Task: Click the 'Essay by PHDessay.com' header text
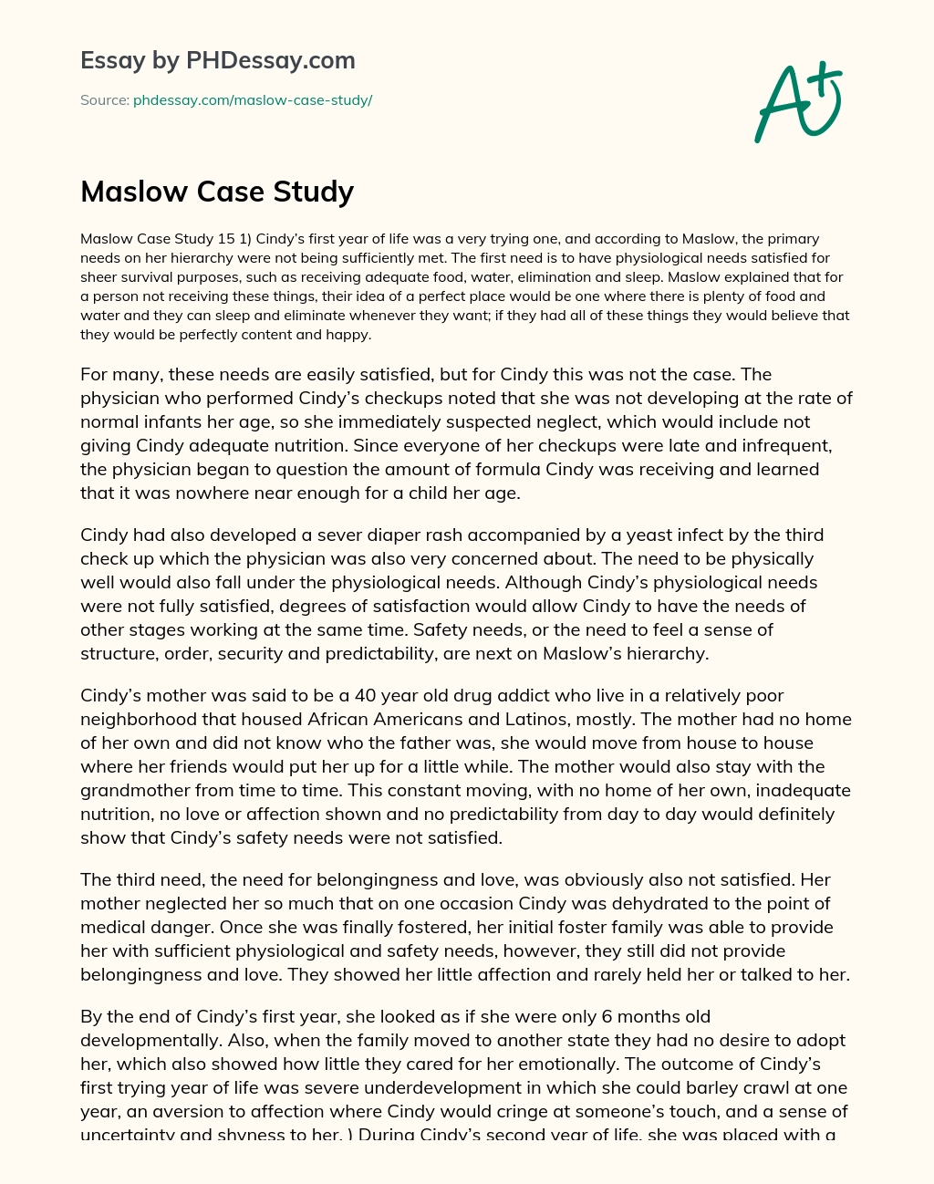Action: tap(218, 61)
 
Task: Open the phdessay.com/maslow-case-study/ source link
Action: tap(253, 100)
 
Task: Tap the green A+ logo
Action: tap(796, 101)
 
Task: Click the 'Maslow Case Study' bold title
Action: tap(217, 192)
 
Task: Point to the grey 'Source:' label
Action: tap(105, 100)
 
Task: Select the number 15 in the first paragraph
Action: tap(227, 239)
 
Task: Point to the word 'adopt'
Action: tap(825, 1041)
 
